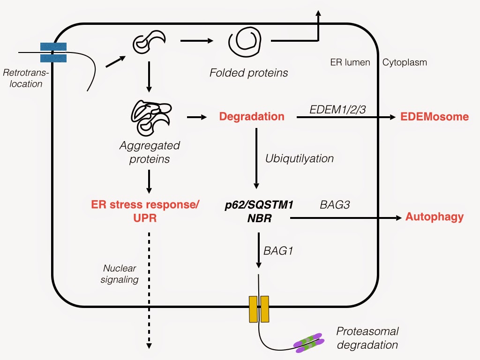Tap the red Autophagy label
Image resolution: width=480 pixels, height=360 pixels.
[435, 217]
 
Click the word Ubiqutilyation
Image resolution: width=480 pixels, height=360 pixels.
[300, 158]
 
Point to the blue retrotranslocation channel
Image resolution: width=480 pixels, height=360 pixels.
[53, 52]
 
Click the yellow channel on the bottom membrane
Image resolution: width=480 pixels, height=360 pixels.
[259, 309]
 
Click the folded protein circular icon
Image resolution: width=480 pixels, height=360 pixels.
[243, 42]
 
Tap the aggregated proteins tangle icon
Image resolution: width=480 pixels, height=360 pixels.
[149, 117]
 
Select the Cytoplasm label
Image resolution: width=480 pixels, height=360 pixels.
[405, 62]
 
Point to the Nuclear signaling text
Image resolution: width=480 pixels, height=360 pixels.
[120, 274]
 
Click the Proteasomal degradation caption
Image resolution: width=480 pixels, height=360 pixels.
[367, 338]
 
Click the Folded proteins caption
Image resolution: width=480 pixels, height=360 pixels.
[248, 73]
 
